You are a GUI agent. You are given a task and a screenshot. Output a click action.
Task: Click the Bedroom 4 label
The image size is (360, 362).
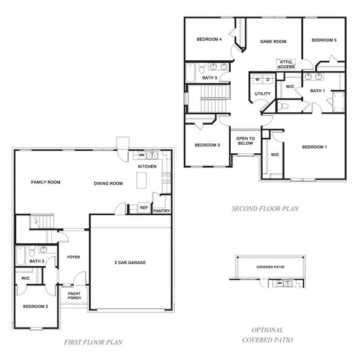(209, 40)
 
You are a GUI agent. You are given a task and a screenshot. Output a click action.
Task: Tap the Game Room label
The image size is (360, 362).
(272, 42)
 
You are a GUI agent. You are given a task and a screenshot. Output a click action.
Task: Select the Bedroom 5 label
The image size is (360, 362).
(323, 40)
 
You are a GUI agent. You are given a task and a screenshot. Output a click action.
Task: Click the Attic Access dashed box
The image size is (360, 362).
(286, 64)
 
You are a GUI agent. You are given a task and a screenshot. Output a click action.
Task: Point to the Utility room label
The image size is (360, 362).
(262, 94)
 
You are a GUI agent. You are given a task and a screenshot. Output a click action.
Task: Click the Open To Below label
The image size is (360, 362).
(245, 141)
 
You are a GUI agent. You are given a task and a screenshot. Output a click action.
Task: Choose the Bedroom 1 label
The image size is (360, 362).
(314, 147)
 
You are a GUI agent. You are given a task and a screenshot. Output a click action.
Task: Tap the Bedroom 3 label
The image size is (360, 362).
(207, 145)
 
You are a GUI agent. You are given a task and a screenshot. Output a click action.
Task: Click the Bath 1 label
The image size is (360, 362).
(317, 91)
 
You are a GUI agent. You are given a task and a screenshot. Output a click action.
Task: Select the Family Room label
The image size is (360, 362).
(46, 182)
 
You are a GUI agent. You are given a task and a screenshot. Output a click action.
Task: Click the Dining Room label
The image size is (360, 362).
(108, 183)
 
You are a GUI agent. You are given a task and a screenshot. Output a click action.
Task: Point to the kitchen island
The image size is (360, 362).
(143, 180)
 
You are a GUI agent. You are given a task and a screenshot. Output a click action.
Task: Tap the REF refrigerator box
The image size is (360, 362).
(144, 208)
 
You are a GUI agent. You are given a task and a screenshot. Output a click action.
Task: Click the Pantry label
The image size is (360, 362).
(161, 211)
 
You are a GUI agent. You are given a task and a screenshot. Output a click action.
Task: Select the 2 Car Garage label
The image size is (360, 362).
(130, 262)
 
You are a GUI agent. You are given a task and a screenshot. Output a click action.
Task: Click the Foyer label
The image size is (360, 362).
(73, 257)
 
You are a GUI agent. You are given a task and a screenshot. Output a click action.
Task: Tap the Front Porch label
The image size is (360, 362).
(74, 296)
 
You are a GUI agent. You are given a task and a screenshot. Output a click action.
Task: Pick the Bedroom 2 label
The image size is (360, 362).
(35, 306)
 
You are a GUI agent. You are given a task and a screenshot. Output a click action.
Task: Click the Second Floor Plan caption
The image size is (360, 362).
(265, 209)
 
